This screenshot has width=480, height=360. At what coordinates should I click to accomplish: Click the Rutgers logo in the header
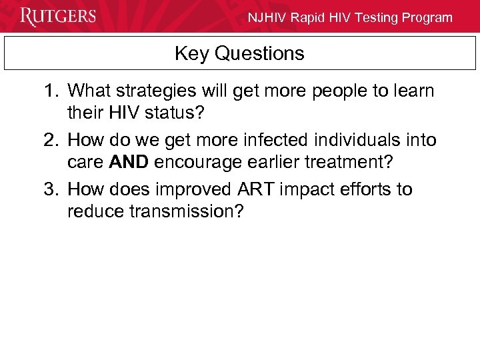tap(58, 16)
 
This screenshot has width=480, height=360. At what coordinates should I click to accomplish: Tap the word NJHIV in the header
tap(268, 18)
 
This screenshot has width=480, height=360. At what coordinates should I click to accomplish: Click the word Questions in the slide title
tap(259, 53)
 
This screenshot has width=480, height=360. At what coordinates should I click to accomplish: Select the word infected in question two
tap(267, 140)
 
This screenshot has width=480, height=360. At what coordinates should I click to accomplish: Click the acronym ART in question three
tap(256, 189)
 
